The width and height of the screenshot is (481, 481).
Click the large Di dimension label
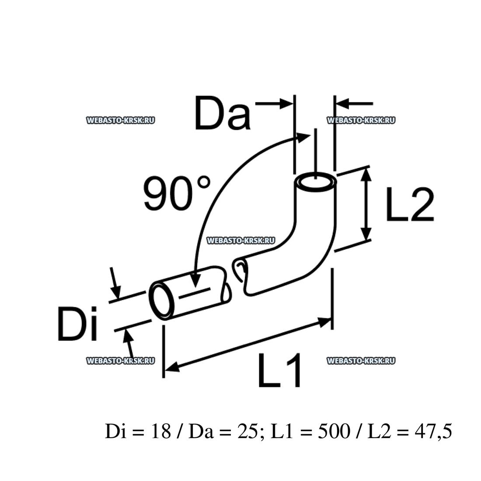(x=78, y=324)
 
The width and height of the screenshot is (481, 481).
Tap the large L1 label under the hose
(x=280, y=371)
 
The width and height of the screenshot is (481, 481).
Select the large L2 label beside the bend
(x=410, y=205)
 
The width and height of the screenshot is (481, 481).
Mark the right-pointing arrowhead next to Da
(x=287, y=104)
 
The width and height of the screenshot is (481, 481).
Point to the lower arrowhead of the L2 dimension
(x=366, y=234)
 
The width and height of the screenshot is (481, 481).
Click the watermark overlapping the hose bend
(x=240, y=240)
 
